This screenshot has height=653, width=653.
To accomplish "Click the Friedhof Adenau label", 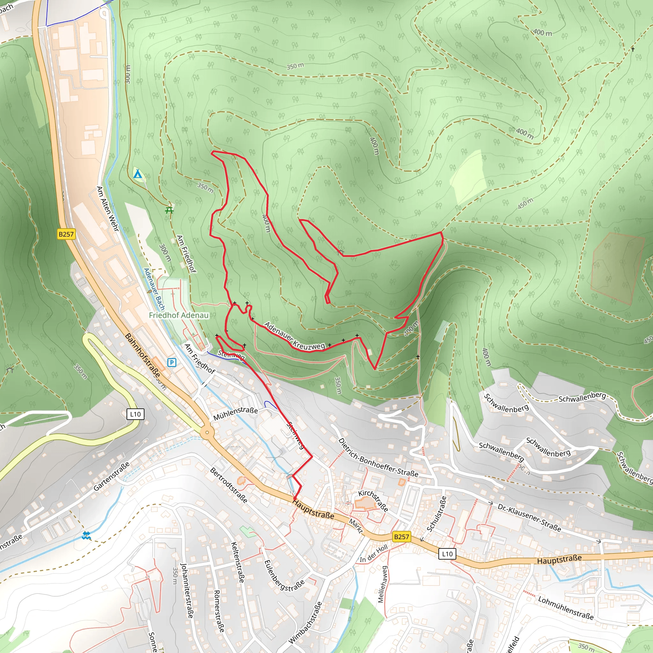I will (179, 315).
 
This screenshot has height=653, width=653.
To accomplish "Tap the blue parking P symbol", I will (172, 363).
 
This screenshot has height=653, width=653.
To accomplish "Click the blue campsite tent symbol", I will (137, 175).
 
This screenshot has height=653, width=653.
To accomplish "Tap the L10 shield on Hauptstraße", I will (447, 554).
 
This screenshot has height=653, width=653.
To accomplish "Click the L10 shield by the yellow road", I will (135, 414).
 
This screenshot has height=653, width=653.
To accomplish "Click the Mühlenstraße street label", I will (235, 413).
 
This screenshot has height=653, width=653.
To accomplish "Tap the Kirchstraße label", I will (373, 500).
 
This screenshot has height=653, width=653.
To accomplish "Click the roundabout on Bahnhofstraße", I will (207, 432).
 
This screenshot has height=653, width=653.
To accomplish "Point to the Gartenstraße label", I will (112, 476).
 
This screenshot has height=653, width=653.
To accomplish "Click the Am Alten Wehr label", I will (108, 209).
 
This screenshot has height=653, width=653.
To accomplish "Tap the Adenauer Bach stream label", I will (154, 289).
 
